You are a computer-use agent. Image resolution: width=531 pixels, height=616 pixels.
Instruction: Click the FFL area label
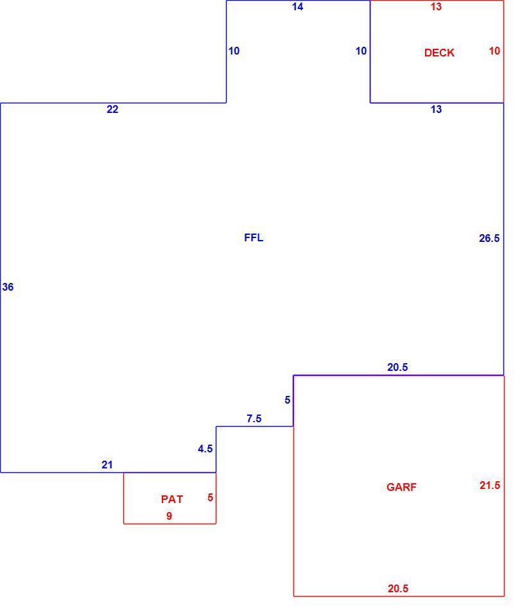tap(254, 237)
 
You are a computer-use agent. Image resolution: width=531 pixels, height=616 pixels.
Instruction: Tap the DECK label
tap(439, 53)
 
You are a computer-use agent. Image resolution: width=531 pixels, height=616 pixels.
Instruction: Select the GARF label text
tap(401, 487)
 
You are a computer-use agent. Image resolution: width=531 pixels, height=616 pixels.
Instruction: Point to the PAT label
tap(172, 499)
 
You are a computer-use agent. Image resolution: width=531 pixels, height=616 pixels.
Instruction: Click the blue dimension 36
tap(8, 287)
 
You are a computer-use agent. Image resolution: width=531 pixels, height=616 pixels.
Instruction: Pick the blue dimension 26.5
tap(489, 238)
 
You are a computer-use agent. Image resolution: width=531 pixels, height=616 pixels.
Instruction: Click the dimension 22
tap(112, 109)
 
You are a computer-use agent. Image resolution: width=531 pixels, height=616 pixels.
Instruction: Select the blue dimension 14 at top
tap(297, 6)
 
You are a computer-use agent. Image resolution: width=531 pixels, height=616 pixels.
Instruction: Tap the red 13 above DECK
tap(436, 6)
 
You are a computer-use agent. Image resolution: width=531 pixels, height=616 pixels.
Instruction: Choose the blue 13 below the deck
tap(436, 109)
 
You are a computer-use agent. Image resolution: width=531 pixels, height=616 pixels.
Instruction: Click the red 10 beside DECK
tap(494, 51)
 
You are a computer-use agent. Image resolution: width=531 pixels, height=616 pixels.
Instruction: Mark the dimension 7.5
tap(254, 419)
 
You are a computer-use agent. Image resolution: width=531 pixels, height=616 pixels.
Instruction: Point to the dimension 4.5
tap(205, 449)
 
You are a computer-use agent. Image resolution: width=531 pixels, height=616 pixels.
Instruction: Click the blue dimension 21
tap(107, 465)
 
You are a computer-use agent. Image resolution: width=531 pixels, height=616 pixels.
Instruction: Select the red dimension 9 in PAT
tap(169, 516)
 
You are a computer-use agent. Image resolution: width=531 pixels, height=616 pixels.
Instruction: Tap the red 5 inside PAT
tap(210, 497)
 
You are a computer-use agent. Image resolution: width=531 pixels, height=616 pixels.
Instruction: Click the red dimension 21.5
tap(490, 486)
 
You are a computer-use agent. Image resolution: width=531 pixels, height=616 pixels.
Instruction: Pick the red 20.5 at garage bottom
tap(398, 588)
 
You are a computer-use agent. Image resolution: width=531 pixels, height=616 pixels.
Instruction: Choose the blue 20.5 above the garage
tap(397, 367)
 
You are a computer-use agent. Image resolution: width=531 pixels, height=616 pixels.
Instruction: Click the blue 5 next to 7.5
tap(287, 400)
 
